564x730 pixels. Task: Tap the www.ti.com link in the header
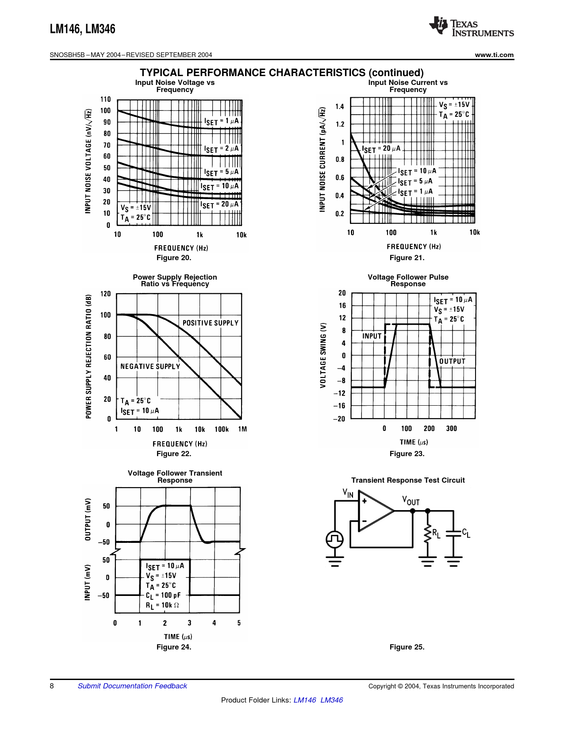tap(494, 55)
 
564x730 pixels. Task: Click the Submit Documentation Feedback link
tap(132, 686)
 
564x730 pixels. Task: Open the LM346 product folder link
tap(331, 700)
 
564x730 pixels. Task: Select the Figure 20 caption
tap(174, 258)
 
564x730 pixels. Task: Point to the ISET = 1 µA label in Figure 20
tap(221, 121)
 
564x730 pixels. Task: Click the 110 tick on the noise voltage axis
tap(105, 99)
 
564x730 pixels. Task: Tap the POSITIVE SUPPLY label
tap(211, 323)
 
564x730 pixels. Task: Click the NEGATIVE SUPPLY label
tap(150, 366)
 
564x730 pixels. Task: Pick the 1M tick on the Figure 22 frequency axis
tap(242, 429)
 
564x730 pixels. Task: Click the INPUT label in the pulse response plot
tap(372, 336)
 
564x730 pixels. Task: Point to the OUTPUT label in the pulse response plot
tap(452, 361)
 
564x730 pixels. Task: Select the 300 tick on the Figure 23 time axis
tap(451, 428)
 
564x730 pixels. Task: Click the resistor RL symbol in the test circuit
tap(427, 534)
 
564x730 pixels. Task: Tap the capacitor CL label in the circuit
tap(466, 533)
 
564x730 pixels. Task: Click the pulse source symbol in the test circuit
tap(335, 539)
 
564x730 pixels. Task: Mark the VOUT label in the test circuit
tap(411, 501)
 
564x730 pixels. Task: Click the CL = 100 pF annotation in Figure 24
tap(163, 595)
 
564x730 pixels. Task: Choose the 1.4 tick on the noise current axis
tap(339, 106)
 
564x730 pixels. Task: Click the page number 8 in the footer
tap(52, 686)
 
